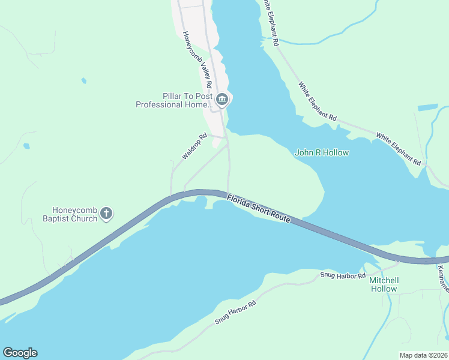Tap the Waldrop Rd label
click(x=194, y=148)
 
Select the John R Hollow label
click(x=322, y=153)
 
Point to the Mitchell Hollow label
click(x=384, y=284)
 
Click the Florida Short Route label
click(x=259, y=208)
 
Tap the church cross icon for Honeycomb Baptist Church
click(x=106, y=213)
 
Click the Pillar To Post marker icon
click(x=222, y=100)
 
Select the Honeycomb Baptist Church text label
click(x=75, y=214)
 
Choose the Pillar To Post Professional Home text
click(x=174, y=100)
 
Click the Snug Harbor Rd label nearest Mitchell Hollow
click(x=343, y=275)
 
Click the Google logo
click(x=20, y=353)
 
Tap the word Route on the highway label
click(x=279, y=217)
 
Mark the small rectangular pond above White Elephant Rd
click(x=427, y=107)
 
